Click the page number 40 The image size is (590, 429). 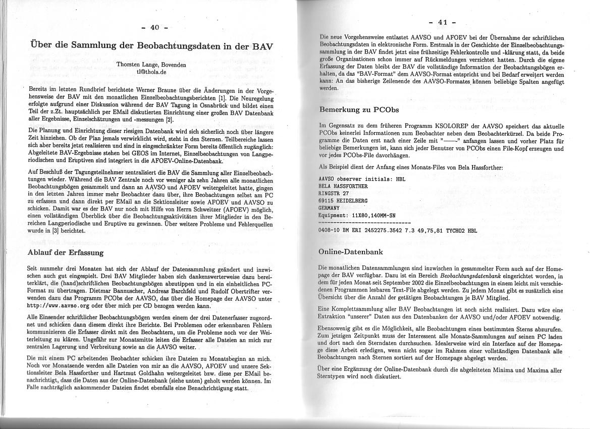[154, 27]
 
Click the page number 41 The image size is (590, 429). [443, 22]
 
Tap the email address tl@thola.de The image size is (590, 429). [151, 72]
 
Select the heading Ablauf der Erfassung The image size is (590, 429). [65, 252]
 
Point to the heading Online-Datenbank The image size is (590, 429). [351, 251]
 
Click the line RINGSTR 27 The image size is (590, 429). [334, 193]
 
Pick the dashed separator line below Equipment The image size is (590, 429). [365, 222]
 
